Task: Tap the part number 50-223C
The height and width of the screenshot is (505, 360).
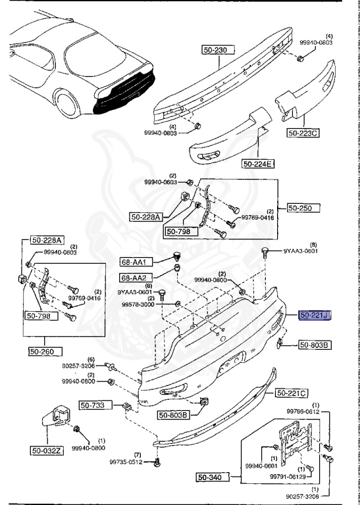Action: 303,133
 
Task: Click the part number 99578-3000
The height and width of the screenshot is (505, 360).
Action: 138,305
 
